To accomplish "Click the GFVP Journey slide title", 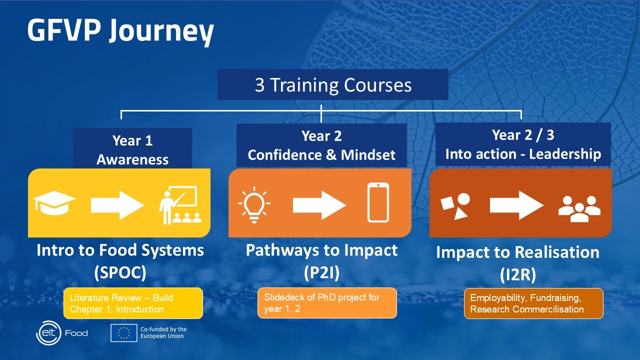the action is pyautogui.click(x=120, y=30).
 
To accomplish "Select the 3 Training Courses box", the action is pyautogui.click(x=333, y=84).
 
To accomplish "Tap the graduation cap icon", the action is pyautogui.click(x=54, y=203).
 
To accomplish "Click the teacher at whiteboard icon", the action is pyautogui.click(x=180, y=205).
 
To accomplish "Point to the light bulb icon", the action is pyautogui.click(x=254, y=204).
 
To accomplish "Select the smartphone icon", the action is pyautogui.click(x=378, y=202).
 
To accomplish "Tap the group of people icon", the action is pyautogui.click(x=579, y=208).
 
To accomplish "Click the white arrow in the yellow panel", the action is pyautogui.click(x=117, y=205).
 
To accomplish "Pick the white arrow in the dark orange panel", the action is pyautogui.click(x=516, y=205).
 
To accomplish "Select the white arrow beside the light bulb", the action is pyautogui.click(x=319, y=205).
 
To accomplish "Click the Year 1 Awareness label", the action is pyautogui.click(x=132, y=150).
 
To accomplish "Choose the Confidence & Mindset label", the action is pyautogui.click(x=321, y=155).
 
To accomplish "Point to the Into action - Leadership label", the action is pyautogui.click(x=523, y=154).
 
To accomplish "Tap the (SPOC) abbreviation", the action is pyautogui.click(x=120, y=272).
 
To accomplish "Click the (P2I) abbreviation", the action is pyautogui.click(x=321, y=272).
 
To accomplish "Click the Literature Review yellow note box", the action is pyautogui.click(x=133, y=303).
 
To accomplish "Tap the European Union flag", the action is pyautogui.click(x=123, y=333).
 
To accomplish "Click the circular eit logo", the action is pyautogui.click(x=48, y=333).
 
